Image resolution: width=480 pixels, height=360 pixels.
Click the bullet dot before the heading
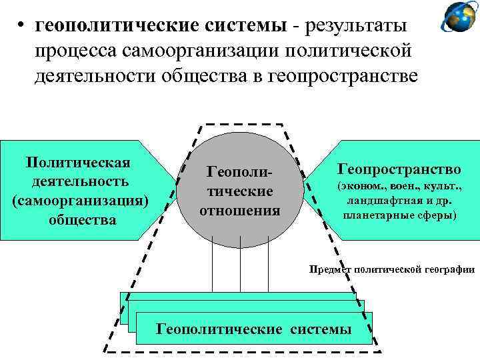click(x=22, y=26)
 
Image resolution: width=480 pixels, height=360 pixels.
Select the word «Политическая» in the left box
click(x=77, y=163)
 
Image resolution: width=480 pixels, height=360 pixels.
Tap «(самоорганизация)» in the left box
click(x=77, y=200)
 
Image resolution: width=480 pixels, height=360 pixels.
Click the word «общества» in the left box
click(x=77, y=219)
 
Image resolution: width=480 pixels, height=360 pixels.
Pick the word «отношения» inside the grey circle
click(x=239, y=211)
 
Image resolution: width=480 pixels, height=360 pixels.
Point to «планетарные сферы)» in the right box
click(x=399, y=215)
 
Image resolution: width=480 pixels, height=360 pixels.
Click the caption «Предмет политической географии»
click(x=391, y=269)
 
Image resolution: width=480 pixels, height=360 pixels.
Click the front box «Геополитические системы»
click(x=253, y=329)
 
